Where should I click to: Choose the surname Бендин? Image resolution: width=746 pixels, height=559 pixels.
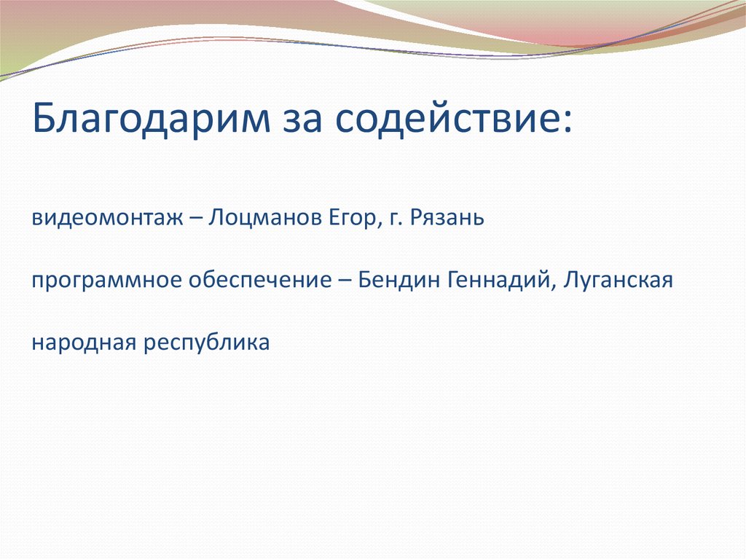[391, 280]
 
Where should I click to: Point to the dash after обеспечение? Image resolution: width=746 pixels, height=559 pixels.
[343, 281]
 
